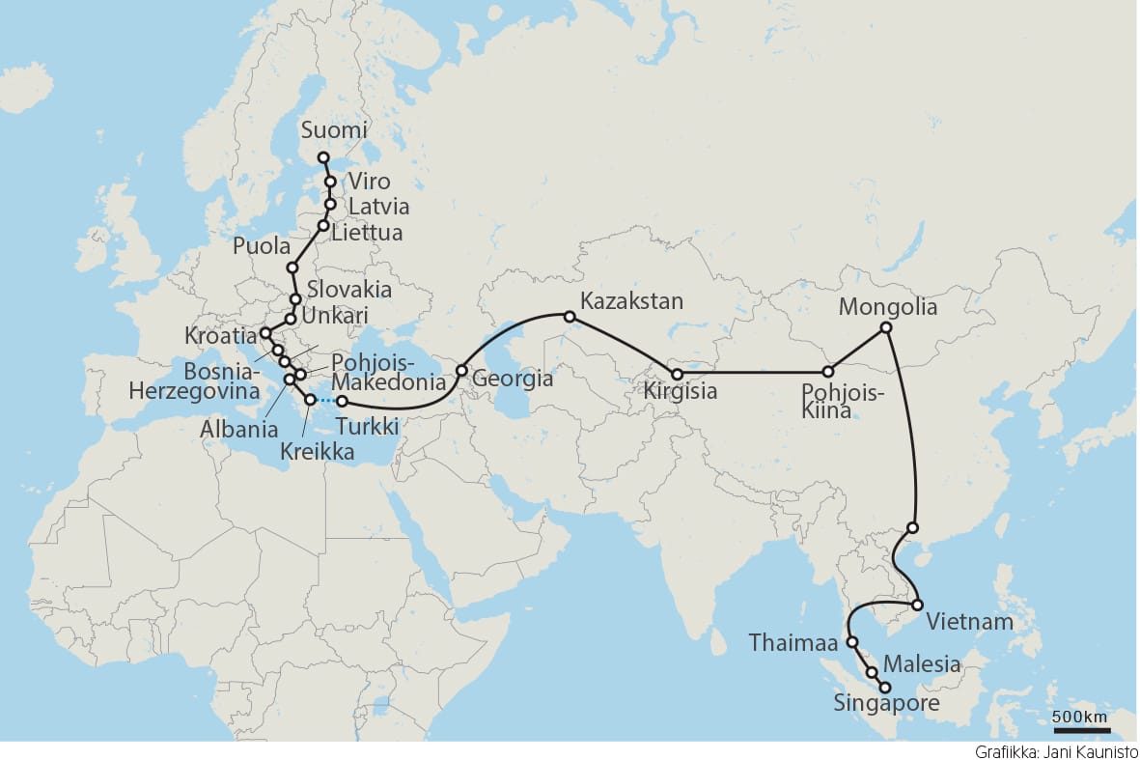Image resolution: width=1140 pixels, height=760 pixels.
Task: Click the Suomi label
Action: pos(334,130)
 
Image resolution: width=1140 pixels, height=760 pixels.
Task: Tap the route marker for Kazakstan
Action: pos(570,316)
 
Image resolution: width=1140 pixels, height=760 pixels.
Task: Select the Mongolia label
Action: pos(888,307)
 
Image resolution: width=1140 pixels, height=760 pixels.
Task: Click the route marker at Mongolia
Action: pos(886,328)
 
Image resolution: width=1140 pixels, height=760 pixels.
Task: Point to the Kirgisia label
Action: pos(681,393)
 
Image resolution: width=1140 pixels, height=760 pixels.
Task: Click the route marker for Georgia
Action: pos(461,370)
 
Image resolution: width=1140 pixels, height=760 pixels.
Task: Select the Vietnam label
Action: pos(968,621)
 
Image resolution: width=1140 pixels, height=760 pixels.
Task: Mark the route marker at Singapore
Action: pos(884,687)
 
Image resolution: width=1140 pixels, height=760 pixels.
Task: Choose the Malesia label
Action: pos(922,664)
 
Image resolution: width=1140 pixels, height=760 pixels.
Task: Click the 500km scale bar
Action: pos(1081,730)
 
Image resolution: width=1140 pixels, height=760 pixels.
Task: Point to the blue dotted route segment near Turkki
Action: pos(325,400)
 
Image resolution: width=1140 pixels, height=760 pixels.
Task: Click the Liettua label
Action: pos(366,233)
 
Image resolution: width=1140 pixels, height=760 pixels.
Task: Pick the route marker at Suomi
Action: pos(323,157)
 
